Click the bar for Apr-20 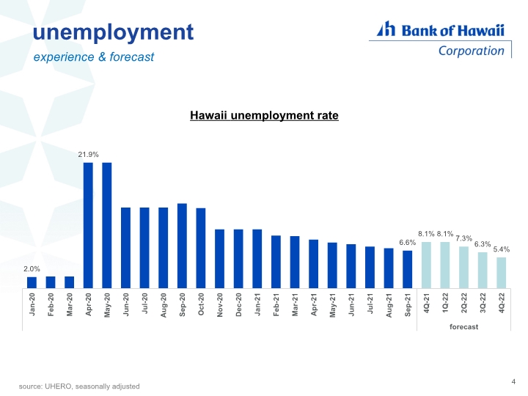point(88,225)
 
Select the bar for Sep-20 point(182,246)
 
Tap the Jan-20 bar point(32,282)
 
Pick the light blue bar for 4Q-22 point(502,273)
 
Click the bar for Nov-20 point(219,259)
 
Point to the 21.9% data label point(88,155)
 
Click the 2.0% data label point(32,269)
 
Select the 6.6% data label point(408,243)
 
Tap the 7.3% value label point(463,238)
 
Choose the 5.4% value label point(502,249)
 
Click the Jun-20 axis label point(126,304)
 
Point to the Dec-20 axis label point(239,304)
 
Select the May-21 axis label point(333,305)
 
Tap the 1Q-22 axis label point(445,303)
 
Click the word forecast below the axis point(463,327)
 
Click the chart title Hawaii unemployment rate point(264,116)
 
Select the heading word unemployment point(113,33)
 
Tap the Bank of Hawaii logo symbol point(386,29)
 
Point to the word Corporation point(471,51)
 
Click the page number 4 point(513,381)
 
